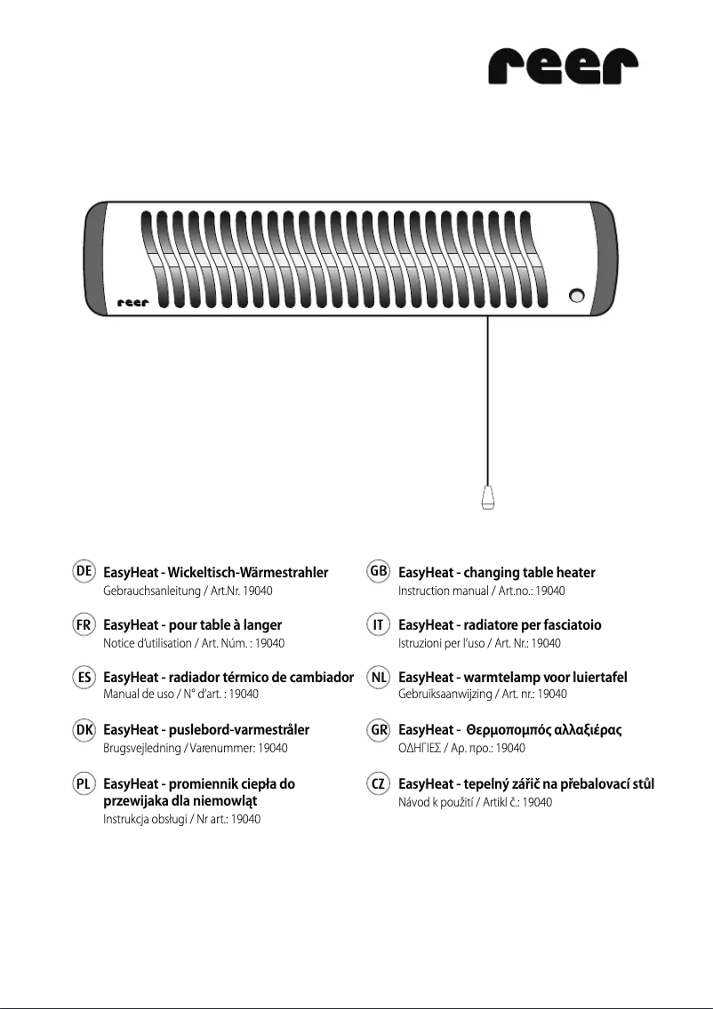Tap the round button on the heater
coord(578,296)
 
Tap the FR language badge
coord(85,625)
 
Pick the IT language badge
coord(378,625)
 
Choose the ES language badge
coord(85,678)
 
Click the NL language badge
coord(378,678)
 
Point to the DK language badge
coord(85,730)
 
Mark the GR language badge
coord(378,730)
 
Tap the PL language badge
coord(85,784)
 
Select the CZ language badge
coord(378,784)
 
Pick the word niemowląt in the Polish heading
coord(233,801)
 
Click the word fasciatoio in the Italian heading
coord(570,625)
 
